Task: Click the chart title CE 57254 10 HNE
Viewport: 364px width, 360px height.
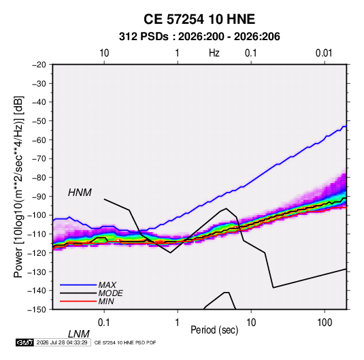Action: point(199,19)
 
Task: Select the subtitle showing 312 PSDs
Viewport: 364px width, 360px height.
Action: point(199,37)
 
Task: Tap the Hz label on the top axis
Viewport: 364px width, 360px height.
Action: point(214,53)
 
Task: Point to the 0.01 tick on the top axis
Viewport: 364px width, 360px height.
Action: point(324,53)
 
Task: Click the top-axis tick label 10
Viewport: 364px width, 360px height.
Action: point(104,53)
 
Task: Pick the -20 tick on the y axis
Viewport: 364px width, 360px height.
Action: point(39,65)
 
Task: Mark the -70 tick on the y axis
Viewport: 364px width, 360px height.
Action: point(39,159)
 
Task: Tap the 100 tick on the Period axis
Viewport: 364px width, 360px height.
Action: point(325,323)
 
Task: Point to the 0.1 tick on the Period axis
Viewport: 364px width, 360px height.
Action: point(103,323)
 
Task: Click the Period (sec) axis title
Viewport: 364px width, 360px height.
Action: point(214,330)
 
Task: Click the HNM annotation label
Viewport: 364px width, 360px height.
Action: point(80,193)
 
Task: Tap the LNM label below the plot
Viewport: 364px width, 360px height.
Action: point(78,334)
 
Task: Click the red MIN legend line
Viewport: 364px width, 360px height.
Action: point(78,301)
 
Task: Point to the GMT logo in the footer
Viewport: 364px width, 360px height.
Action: point(25,342)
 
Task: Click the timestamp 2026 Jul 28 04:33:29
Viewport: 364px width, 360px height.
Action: point(62,342)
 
